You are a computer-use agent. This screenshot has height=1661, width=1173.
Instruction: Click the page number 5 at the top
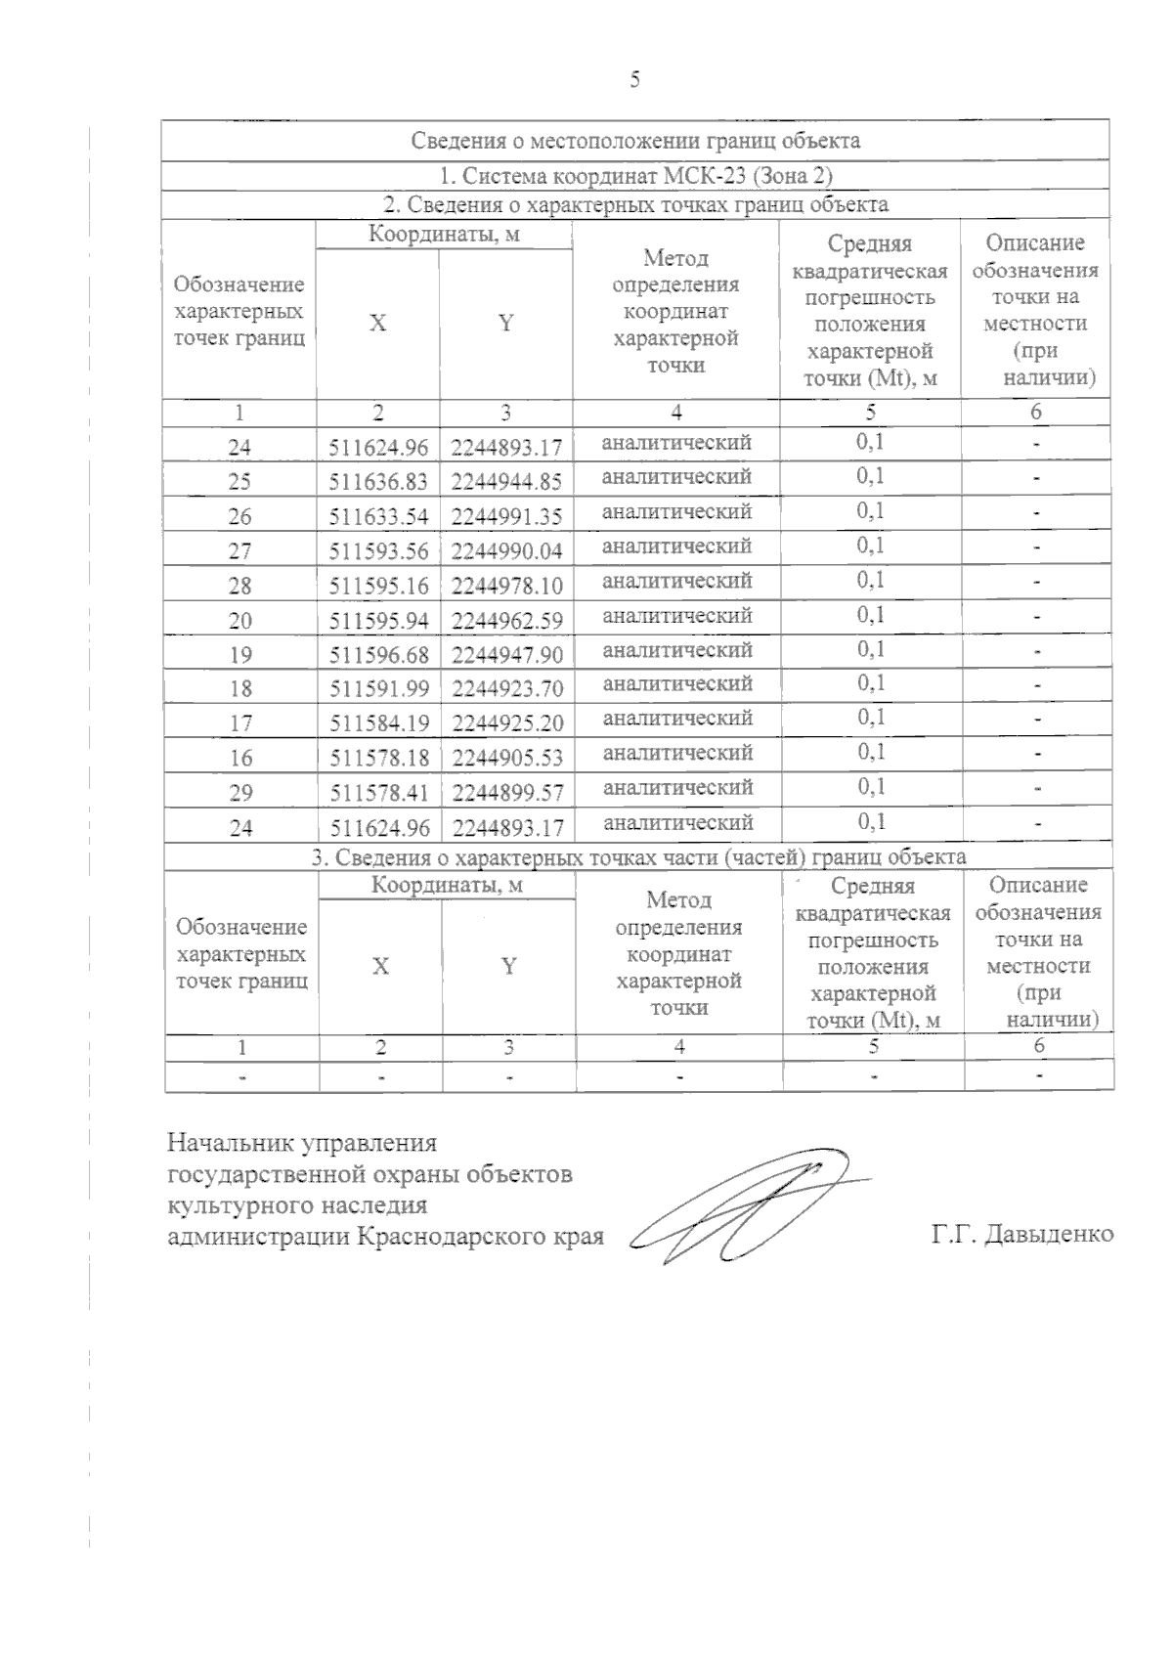click(635, 80)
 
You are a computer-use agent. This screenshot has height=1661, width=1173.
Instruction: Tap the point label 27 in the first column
click(240, 551)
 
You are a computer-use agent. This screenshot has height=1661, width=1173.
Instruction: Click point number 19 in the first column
click(240, 655)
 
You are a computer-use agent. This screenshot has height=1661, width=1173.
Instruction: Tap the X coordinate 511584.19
click(379, 723)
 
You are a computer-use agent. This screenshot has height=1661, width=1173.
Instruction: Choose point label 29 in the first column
click(240, 793)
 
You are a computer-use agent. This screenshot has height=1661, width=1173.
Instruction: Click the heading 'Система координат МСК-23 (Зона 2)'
click(635, 177)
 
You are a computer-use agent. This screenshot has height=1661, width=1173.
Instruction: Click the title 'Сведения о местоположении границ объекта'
click(635, 141)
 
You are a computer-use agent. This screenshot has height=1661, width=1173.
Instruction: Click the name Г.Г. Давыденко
click(1022, 1235)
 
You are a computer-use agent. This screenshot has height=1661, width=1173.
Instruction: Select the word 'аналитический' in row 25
click(676, 477)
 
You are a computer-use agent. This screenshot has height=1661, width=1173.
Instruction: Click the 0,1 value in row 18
click(871, 682)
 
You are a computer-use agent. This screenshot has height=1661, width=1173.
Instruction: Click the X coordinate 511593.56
click(379, 551)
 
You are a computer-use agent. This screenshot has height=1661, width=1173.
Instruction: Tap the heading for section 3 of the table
click(638, 857)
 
